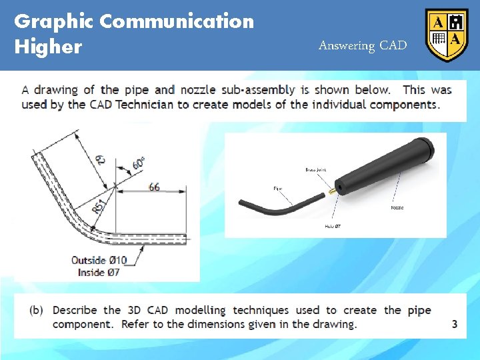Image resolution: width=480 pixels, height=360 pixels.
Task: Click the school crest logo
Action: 447,35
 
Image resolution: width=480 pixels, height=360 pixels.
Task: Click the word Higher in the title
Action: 48,47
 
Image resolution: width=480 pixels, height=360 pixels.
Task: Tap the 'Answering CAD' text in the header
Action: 362,45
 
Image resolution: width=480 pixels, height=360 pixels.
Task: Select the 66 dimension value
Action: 154,187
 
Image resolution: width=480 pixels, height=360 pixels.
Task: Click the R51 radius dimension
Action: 99,208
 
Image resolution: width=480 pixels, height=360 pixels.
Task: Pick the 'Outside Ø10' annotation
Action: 99,260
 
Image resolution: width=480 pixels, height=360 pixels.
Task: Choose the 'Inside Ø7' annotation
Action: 99,272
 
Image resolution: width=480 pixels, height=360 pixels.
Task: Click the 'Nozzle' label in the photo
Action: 397,208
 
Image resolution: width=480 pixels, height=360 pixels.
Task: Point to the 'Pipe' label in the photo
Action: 278,189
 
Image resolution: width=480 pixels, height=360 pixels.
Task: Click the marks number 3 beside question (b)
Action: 455,325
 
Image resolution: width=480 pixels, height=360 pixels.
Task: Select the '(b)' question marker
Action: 37,310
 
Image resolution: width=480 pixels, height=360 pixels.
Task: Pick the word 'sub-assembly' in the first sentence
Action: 259,90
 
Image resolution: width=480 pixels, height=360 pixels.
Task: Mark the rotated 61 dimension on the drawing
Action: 101,158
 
